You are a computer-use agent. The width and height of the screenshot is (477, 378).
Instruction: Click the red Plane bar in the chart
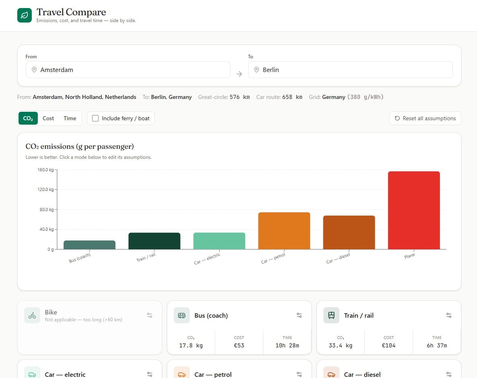pos(414,210)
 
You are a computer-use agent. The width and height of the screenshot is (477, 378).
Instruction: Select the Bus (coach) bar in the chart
pos(89,245)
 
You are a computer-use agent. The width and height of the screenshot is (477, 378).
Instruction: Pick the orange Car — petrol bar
pos(284,231)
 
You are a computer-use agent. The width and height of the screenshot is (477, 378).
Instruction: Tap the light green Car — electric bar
pos(219,241)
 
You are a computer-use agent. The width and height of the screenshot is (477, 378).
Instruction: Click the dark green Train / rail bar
pos(154,241)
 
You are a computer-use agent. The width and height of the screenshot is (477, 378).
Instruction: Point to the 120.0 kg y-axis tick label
pos(45,189)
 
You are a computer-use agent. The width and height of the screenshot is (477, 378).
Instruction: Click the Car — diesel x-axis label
pos(338,259)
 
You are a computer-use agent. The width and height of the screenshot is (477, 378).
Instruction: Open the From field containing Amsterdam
pos(128,70)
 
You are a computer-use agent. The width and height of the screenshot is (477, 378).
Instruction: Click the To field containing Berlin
pos(350,70)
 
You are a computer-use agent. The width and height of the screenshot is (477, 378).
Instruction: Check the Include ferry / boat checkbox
pos(95,118)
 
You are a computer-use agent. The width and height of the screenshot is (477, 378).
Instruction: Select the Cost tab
pos(48,118)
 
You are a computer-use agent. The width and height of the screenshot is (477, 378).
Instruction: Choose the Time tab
pos(70,118)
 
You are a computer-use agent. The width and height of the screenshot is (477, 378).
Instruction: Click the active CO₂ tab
pos(28,118)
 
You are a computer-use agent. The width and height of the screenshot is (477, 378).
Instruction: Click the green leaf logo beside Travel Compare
pos(25,15)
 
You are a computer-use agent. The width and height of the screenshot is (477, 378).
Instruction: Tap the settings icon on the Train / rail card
pos(449,315)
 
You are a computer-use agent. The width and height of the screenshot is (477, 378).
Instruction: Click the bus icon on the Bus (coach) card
pos(182,315)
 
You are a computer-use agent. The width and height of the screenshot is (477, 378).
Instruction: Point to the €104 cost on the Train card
pos(389,345)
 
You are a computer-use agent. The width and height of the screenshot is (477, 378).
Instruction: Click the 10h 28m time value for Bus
pos(287,345)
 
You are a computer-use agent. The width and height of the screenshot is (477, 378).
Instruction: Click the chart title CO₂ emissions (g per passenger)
pos(80,146)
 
